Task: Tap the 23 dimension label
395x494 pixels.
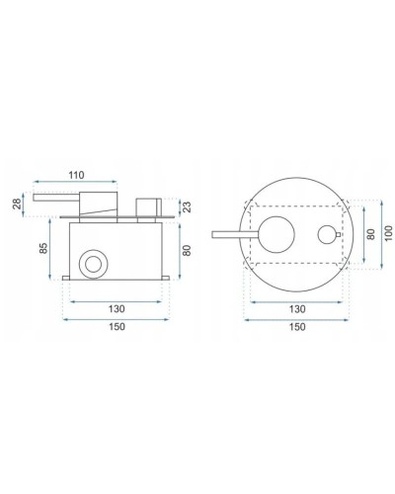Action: point(188,207)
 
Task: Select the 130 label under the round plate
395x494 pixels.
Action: point(294,308)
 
